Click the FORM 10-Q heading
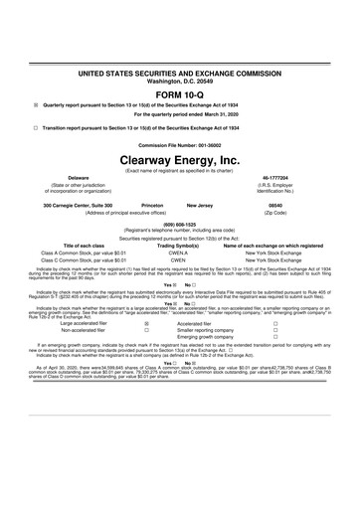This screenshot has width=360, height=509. [180, 94]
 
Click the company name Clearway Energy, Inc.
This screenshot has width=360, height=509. [180, 159]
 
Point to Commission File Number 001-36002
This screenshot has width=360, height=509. [180, 145]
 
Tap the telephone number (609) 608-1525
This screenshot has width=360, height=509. [180, 224]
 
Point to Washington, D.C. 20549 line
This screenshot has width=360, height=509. [180, 80]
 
